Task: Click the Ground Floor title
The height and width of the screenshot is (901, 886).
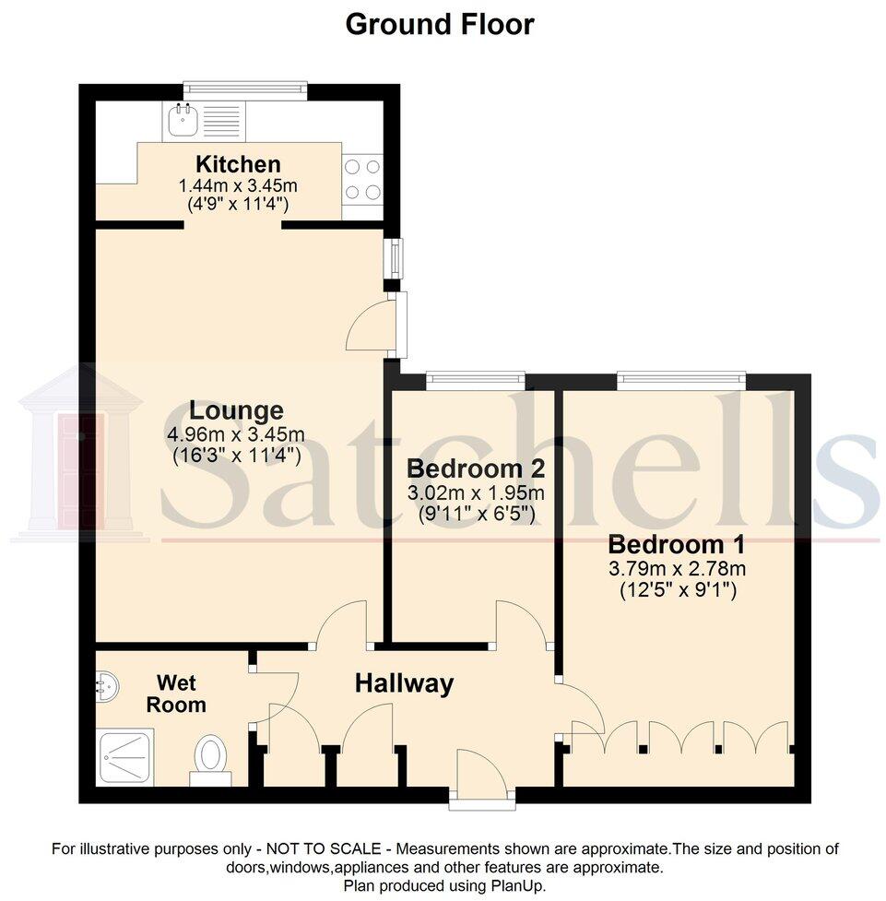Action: point(439,24)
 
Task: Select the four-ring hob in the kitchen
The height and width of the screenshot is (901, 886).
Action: point(362,180)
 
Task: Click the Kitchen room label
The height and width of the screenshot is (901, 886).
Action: point(238,165)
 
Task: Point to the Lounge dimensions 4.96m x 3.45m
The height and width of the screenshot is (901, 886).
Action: point(237,433)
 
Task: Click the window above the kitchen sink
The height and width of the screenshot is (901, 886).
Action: point(244,89)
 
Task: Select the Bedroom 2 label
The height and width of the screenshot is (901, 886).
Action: point(465,467)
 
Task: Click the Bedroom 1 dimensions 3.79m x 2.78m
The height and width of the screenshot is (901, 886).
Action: point(677,568)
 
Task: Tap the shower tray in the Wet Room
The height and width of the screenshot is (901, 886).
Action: point(125,756)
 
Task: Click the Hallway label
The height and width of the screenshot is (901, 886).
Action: point(405,683)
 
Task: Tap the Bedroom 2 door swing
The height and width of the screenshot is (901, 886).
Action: point(522,623)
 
